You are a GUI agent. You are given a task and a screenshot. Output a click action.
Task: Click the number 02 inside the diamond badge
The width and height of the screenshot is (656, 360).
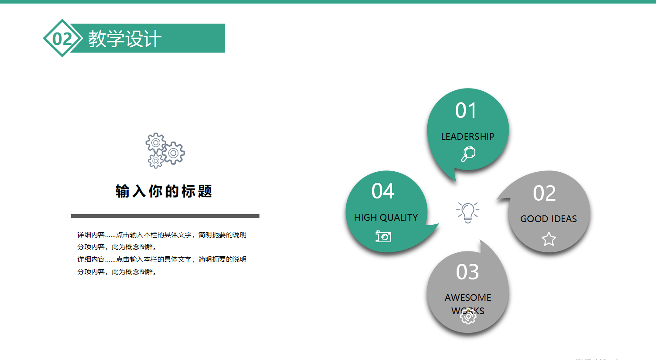point(62,39)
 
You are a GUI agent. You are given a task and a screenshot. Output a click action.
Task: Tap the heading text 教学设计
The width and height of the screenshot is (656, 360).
point(125,39)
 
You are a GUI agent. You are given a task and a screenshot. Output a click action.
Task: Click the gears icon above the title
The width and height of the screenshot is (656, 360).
point(165,150)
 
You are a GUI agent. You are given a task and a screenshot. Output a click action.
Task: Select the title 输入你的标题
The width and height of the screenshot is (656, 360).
point(164,191)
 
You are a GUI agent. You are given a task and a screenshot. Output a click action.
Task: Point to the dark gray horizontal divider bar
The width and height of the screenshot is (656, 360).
point(165,216)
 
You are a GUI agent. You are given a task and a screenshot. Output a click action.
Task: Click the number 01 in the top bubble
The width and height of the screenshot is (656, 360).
point(466,110)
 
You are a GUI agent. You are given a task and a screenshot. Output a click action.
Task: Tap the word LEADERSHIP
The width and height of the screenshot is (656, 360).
point(468,137)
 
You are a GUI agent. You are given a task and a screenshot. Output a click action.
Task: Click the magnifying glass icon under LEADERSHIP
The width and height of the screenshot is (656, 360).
point(468,154)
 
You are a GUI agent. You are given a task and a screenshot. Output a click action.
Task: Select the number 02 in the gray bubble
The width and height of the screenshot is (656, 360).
point(544,193)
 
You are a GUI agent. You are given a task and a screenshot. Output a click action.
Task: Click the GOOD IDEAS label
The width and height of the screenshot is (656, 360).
point(548,219)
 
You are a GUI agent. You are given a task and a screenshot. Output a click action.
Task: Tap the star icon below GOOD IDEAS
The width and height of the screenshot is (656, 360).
point(549,239)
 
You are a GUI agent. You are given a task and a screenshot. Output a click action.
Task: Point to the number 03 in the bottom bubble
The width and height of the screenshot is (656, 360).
point(467,272)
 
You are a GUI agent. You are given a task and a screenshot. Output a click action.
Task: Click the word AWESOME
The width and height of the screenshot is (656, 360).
point(468,298)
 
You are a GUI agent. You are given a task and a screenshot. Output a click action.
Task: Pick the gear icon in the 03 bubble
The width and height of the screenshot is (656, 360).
point(468,316)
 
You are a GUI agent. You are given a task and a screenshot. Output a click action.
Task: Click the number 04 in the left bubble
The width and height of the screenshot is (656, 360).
point(383,191)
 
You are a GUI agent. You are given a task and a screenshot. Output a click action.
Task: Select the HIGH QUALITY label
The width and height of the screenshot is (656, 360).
point(386,218)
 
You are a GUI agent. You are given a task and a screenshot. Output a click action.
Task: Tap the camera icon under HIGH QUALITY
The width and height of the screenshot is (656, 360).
point(383,236)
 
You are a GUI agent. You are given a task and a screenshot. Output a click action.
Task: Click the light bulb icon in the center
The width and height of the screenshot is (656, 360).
point(467,212)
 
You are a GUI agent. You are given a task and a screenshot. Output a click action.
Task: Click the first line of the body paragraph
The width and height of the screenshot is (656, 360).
point(162,235)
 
